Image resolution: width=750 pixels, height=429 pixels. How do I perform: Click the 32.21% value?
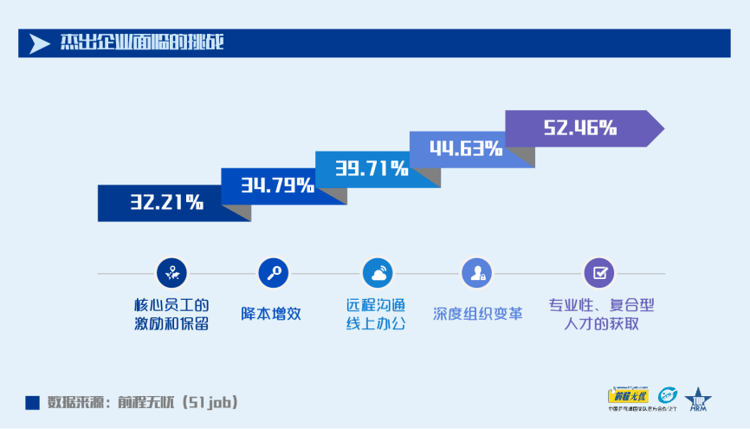pos(167,203)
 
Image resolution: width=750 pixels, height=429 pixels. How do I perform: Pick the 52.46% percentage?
pos(580,128)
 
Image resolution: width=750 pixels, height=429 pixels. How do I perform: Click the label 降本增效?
pos(271,314)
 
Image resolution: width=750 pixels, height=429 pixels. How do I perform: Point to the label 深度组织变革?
pos(477,314)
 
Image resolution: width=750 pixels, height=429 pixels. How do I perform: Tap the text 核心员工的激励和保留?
pos(171,315)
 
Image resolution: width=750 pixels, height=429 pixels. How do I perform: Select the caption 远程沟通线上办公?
pos(376,315)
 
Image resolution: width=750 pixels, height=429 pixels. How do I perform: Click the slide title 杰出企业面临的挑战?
pos(142,42)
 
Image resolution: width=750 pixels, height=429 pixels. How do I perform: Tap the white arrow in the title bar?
pos(40,43)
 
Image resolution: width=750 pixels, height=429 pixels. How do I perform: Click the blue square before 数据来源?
pos(33,402)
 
